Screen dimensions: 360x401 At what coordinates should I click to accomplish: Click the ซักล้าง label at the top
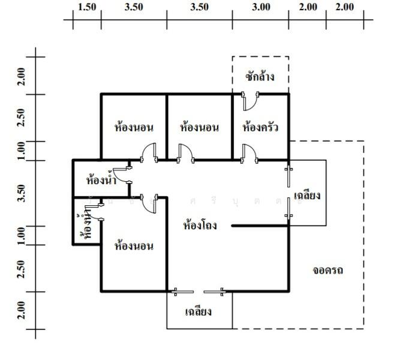tap(260, 77)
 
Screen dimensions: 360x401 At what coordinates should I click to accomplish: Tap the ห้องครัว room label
tap(260, 127)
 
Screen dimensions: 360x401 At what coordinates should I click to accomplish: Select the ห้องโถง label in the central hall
tap(199, 226)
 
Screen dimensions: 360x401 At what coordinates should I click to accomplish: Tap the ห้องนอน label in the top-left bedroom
tap(134, 127)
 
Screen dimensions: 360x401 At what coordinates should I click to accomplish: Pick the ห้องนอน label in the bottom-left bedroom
tap(134, 245)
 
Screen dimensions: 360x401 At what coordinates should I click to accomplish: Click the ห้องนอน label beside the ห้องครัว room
tap(199, 127)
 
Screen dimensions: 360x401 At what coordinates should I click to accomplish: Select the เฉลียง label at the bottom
tap(199, 312)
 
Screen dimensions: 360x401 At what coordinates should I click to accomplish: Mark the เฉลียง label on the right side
tap(307, 195)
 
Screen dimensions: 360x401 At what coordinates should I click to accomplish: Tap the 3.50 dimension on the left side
tap(22, 193)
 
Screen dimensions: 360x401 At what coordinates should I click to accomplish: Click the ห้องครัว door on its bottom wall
tap(250, 152)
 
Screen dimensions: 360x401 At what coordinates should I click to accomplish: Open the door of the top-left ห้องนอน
tap(149, 152)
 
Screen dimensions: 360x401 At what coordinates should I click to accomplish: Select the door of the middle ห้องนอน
tap(185, 152)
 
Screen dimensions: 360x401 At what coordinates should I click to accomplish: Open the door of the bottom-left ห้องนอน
tap(149, 203)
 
